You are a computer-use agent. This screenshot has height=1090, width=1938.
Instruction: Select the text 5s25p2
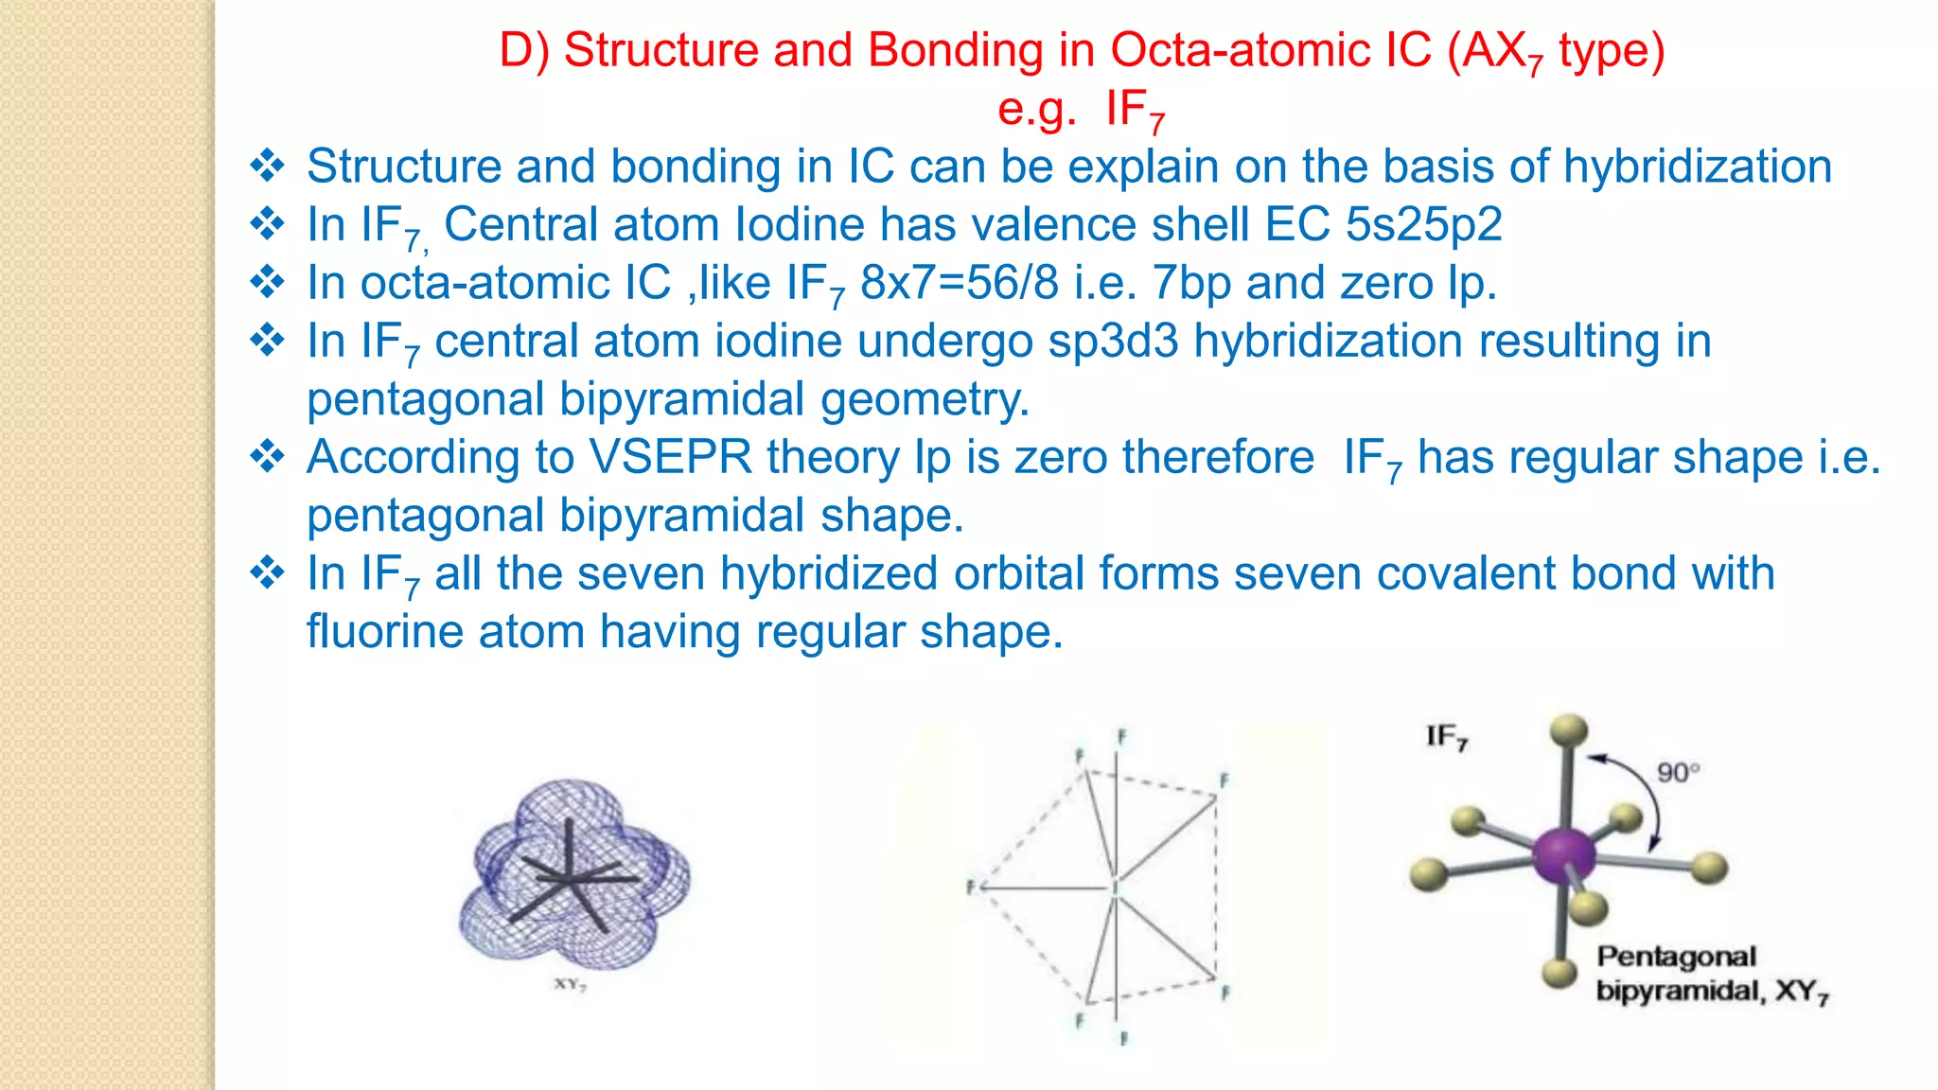[1423, 225]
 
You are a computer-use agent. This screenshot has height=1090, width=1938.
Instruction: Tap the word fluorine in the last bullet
[384, 632]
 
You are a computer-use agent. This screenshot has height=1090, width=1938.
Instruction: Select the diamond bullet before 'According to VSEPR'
[268, 457]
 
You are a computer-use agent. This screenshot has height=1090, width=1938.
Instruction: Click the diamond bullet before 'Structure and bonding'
[268, 167]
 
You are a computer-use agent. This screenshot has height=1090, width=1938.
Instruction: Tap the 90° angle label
[1678, 772]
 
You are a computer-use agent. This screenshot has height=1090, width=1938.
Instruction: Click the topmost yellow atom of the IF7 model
[1568, 731]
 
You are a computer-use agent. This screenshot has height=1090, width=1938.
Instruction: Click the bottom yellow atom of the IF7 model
[1559, 972]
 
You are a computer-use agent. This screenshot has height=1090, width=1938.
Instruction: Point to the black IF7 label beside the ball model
[1446, 737]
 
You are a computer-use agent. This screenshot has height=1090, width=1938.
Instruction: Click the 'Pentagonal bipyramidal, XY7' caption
[1703, 974]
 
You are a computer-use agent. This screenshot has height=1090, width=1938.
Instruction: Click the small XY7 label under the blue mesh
[570, 985]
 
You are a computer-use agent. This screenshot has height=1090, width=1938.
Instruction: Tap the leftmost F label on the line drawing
[970, 888]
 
